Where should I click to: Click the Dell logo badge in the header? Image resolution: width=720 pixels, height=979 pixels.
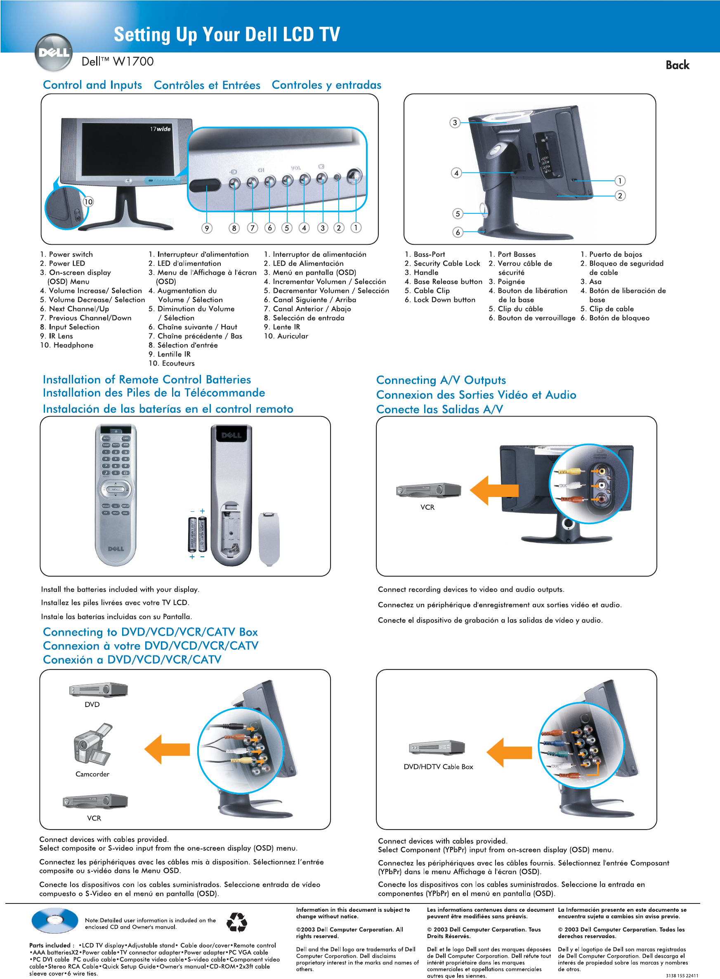pos(54,53)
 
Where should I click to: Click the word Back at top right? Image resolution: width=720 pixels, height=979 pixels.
pos(677,65)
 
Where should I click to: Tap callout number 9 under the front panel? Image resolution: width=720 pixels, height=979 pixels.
pos(207,228)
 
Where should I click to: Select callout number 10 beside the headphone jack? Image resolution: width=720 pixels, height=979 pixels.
pos(88,201)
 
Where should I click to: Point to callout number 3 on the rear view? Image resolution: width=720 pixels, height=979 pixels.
pos(455,123)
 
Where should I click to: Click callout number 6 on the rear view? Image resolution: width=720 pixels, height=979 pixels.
pos(458,232)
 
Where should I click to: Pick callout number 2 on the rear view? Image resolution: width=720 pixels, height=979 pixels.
pos(620,196)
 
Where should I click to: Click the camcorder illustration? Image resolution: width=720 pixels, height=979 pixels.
pos(92,745)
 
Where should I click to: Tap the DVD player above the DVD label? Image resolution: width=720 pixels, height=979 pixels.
pos(99,690)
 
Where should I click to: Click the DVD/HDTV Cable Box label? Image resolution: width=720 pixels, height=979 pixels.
pos(438,767)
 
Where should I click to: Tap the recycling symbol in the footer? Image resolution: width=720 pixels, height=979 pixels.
pos(237,922)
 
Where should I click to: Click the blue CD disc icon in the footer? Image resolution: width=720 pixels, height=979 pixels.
pos(54,920)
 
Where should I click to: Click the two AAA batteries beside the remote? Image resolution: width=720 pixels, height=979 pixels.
pos(197,533)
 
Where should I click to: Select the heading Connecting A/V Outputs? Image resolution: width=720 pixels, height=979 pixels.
pos(441,380)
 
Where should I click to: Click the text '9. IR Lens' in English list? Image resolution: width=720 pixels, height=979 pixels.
pos(56,336)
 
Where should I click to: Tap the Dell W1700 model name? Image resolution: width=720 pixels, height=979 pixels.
pos(118,61)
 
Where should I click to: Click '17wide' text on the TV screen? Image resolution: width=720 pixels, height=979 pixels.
pos(160,129)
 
